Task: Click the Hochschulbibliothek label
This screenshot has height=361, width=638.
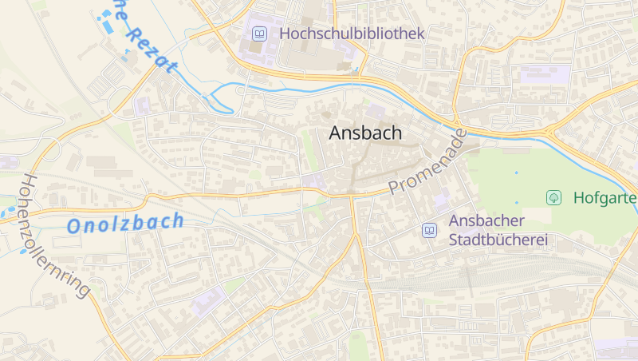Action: pyautogui.click(x=352, y=34)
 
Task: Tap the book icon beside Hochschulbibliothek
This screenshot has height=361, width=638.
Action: pyautogui.click(x=259, y=34)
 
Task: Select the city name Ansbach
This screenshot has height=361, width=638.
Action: pyautogui.click(x=365, y=134)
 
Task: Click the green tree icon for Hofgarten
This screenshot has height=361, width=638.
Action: pyautogui.click(x=553, y=197)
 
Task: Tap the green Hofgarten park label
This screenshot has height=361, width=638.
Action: pyautogui.click(x=605, y=197)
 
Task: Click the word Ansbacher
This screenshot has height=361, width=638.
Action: pyautogui.click(x=486, y=220)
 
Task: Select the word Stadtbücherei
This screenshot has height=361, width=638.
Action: pyautogui.click(x=498, y=240)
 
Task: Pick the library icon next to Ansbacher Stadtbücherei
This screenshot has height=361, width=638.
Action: pyautogui.click(x=429, y=230)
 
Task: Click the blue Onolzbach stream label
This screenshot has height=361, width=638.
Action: pyautogui.click(x=125, y=224)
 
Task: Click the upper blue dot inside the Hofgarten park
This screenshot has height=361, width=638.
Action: pyautogui.click(x=516, y=173)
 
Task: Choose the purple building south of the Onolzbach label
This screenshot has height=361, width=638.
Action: pyautogui.click(x=207, y=301)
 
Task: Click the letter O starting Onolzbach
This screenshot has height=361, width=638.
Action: pyautogui.click(x=74, y=227)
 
